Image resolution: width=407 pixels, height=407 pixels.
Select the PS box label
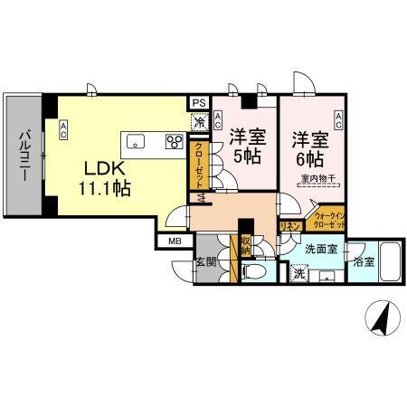tap(197, 102)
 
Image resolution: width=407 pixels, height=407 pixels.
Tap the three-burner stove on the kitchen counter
tap(174, 140)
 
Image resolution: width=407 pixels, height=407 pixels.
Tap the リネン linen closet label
tap(290, 226)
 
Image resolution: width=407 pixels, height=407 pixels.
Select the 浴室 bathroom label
tap(364, 262)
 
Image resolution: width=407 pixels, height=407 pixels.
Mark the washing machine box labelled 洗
tap(299, 272)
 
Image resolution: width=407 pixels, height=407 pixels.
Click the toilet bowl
tap(255, 272)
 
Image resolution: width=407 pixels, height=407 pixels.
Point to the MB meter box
tap(175, 241)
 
